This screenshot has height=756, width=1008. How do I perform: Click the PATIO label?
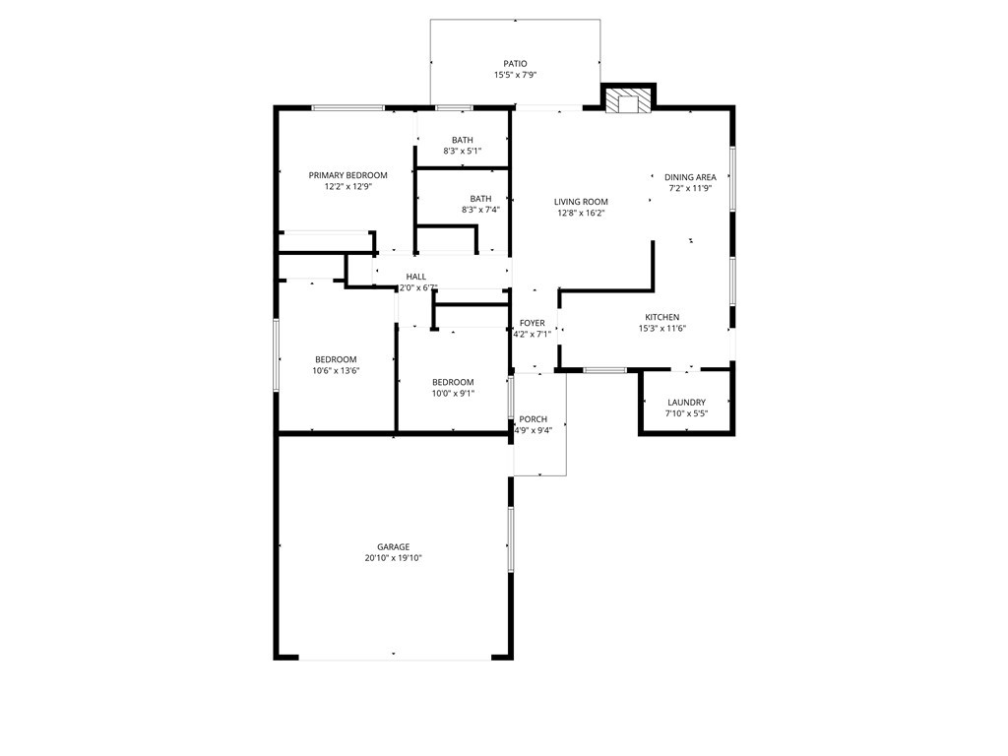tap(515, 64)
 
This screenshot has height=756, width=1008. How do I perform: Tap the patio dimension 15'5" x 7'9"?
tap(515, 75)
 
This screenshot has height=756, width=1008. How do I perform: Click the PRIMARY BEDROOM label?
tap(347, 175)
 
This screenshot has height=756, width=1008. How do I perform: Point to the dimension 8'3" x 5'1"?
tap(463, 152)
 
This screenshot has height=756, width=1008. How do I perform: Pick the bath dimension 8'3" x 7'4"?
tap(480, 211)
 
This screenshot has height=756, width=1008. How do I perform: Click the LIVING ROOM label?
tap(581, 202)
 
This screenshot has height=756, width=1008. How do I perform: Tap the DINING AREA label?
tap(690, 177)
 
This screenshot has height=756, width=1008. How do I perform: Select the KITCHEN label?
tap(662, 318)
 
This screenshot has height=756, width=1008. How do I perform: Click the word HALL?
tap(416, 277)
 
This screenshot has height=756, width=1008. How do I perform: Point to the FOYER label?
tap(532, 323)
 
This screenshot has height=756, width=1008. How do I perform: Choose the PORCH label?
tap(533, 419)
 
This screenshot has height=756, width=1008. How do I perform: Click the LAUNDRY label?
tap(686, 403)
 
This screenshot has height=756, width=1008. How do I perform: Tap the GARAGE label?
tap(393, 547)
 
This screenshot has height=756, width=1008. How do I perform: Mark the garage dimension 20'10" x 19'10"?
tap(393, 559)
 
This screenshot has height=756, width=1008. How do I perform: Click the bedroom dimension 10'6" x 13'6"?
tap(336, 371)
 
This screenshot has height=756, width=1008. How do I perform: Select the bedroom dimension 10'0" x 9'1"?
tap(453, 394)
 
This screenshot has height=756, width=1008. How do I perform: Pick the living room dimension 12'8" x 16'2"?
tap(581, 214)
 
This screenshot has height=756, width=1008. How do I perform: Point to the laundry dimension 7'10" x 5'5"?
tap(686, 414)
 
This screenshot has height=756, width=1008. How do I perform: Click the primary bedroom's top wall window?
tap(347, 108)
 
